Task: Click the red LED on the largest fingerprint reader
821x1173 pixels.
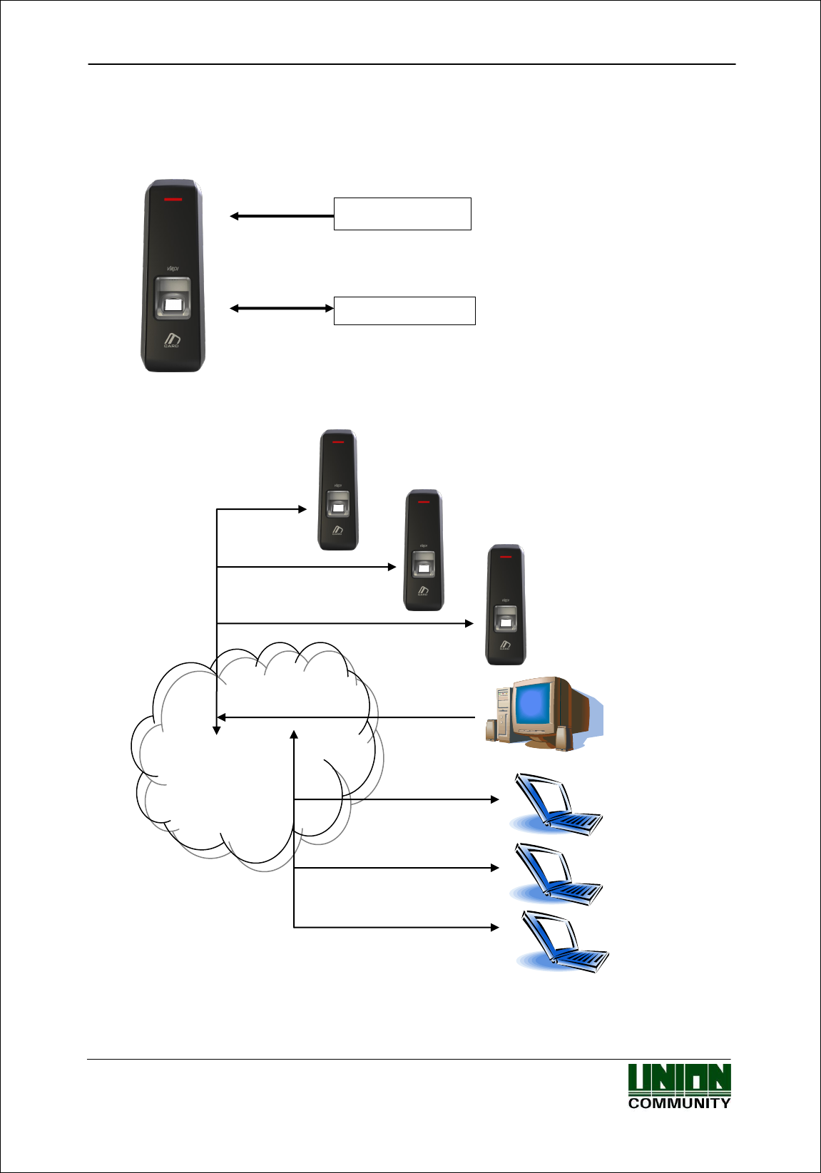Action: click(x=173, y=199)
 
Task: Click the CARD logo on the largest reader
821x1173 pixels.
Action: click(x=172, y=341)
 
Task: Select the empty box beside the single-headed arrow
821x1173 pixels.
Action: click(x=402, y=214)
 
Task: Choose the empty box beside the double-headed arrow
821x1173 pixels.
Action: click(x=404, y=311)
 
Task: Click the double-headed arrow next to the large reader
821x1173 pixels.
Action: click(x=281, y=308)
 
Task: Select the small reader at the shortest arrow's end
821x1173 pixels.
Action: click(x=337, y=490)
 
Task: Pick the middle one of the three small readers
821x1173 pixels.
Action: click(x=424, y=550)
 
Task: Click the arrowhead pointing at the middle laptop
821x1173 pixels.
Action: click(x=495, y=868)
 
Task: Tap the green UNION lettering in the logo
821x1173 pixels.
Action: click(x=679, y=1079)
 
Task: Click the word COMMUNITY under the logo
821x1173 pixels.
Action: click(x=679, y=1103)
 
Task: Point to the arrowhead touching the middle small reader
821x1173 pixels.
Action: click(x=392, y=567)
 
